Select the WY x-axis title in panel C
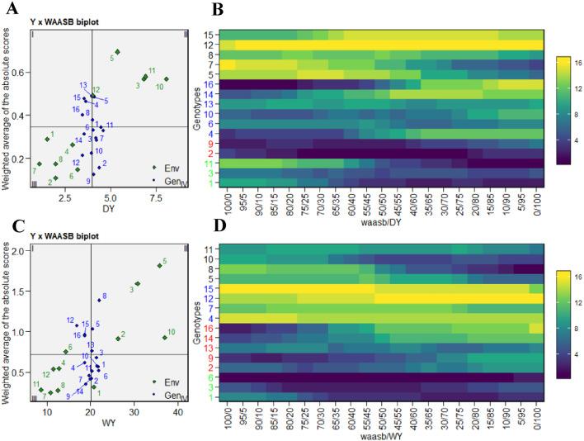click(x=108, y=424)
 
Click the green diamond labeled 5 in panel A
click(x=117, y=52)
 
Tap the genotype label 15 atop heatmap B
click(x=210, y=35)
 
